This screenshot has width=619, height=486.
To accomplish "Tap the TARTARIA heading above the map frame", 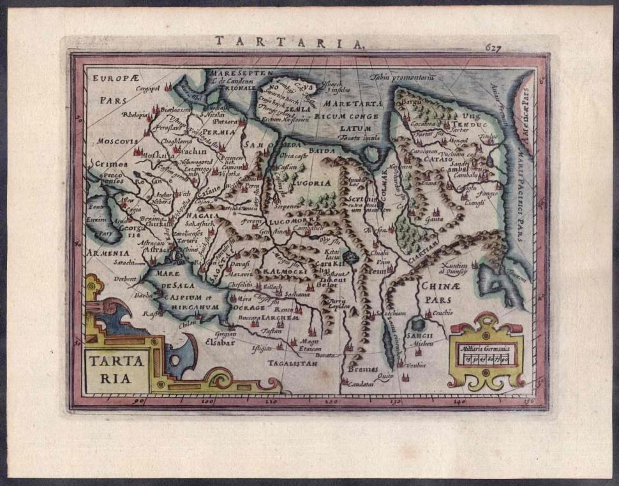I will point(289,42).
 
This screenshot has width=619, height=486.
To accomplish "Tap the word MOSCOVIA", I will point(117,140).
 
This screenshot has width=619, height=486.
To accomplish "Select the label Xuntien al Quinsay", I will point(453,268).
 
